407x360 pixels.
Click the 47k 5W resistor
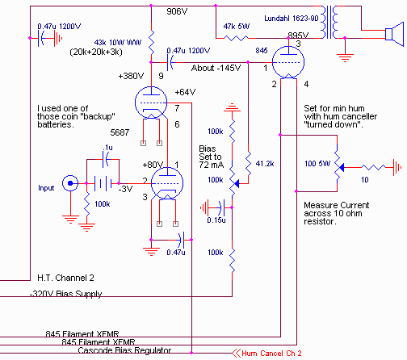[x=237, y=38]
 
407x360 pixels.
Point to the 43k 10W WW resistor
[x=151, y=43]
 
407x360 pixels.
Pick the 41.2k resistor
[x=248, y=164]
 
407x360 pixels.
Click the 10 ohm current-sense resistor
[x=373, y=168]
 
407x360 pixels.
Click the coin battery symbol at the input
[x=103, y=183]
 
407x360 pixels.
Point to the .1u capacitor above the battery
[x=106, y=159]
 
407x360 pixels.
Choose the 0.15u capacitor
[x=222, y=207]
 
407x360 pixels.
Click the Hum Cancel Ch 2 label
[x=271, y=353]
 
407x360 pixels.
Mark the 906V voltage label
[x=177, y=11]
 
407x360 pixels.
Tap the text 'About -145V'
[x=216, y=68]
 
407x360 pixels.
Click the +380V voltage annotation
[x=131, y=76]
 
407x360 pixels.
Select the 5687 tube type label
[x=120, y=132]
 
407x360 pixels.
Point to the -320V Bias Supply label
[x=66, y=294]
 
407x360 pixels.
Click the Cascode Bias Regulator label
[x=124, y=350]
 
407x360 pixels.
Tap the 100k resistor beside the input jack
[x=86, y=203]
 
